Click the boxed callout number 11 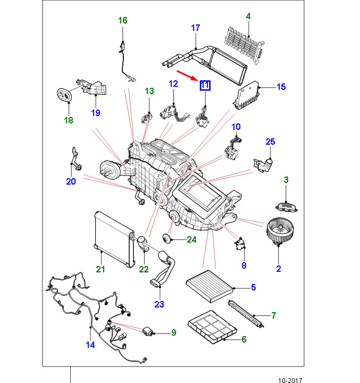[205, 86]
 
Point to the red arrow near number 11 [187, 76]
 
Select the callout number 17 [196, 28]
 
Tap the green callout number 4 [248, 16]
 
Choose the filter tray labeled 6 [212, 327]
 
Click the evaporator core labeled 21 [114, 239]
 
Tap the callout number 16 [123, 21]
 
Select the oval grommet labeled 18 [64, 95]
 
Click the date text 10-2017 [290, 380]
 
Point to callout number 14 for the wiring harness [90, 345]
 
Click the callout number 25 [270, 141]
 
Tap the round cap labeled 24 [166, 238]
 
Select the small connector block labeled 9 [148, 331]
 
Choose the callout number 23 [159, 304]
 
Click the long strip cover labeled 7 [246, 314]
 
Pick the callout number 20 [71, 181]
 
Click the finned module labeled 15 [246, 95]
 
